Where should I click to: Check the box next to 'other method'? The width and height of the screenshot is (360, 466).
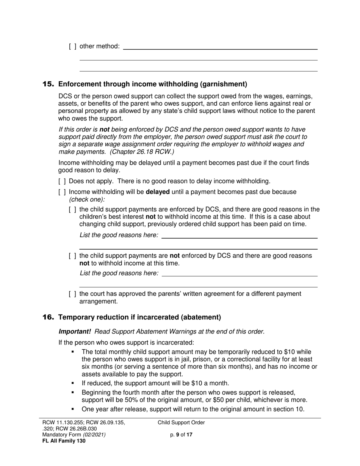[x=73, y=46]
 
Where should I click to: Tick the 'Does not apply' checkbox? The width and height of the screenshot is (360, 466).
[x=62, y=181]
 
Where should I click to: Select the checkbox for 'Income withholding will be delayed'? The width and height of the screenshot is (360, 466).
[x=62, y=192]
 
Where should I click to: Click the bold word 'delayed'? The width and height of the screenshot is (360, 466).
[x=158, y=192]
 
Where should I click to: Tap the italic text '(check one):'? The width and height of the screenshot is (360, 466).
[x=87, y=199]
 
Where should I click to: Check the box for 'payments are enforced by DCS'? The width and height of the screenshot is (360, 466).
[x=73, y=210]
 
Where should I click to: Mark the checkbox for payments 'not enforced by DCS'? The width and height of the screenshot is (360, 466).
[x=73, y=256]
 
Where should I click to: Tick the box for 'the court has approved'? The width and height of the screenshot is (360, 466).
[x=73, y=294]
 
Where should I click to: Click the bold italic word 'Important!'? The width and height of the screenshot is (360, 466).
[x=75, y=332]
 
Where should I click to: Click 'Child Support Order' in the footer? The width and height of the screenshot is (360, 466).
[x=181, y=423]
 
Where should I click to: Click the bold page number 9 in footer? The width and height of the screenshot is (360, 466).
[x=178, y=435]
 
